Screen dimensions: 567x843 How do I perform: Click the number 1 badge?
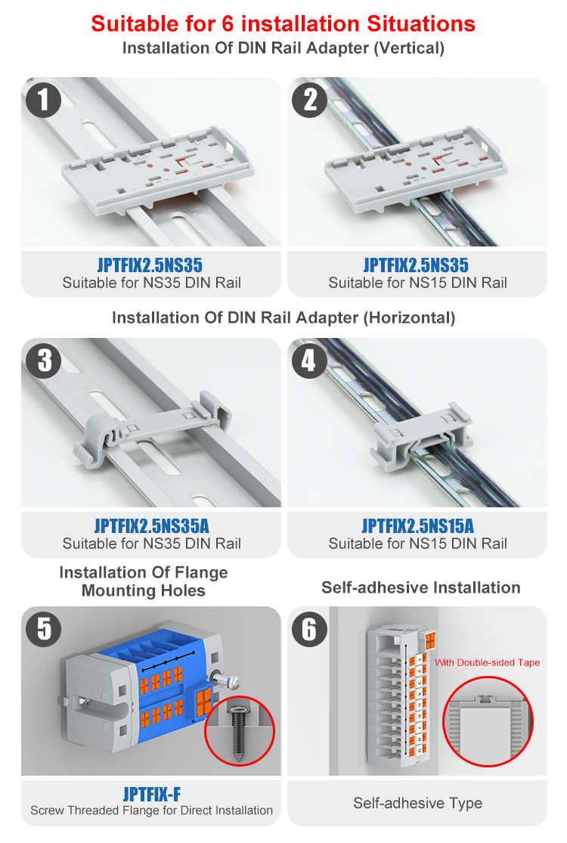[43, 100]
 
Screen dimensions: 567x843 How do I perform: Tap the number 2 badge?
[309, 100]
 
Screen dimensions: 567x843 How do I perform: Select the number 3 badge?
[43, 360]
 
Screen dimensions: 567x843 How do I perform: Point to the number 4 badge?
[309, 360]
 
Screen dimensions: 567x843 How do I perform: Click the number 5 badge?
[43, 628]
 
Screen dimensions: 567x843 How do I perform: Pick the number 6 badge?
[309, 628]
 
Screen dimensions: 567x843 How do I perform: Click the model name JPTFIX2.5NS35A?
[151, 525]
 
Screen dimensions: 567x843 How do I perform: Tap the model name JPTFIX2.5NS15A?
[417, 525]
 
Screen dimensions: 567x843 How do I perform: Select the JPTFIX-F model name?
[151, 794]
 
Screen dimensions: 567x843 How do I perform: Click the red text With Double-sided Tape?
[487, 662]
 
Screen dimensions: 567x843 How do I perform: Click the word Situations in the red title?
[421, 23]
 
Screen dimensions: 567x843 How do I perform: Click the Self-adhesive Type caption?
[417, 803]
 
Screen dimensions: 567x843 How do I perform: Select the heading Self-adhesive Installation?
[421, 587]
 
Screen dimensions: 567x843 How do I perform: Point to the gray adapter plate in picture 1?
[158, 169]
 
